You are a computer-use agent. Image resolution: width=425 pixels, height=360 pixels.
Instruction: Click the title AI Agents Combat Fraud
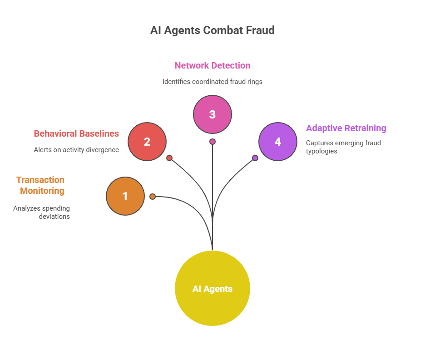212,30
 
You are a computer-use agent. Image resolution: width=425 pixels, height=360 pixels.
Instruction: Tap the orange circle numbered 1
125,196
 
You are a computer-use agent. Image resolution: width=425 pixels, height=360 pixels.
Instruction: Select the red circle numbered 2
147,142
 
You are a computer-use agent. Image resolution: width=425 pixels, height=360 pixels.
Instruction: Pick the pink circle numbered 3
212,114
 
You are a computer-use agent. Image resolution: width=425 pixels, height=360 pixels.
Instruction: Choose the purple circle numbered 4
278,142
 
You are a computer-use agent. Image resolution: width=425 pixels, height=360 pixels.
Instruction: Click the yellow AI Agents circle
212,288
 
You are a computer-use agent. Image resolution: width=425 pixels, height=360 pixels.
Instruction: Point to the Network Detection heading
212,65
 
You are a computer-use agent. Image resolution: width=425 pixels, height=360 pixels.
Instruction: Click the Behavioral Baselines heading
76,133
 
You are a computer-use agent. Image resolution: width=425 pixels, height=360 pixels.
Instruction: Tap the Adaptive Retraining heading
346,128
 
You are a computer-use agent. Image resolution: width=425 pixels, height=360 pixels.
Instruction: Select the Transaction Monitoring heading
41,185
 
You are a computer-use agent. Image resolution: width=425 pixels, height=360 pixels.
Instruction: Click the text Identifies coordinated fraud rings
212,82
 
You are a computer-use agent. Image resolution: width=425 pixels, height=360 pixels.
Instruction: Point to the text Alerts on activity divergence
76,150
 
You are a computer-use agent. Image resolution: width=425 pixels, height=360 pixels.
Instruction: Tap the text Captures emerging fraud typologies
343,147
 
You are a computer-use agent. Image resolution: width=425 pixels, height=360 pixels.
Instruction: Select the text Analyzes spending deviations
42,212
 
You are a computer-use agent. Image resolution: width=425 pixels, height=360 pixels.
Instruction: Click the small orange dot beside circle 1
153,197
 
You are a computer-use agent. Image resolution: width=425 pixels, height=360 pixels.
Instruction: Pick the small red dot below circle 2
169,158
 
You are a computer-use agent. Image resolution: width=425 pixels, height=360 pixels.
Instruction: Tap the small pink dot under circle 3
212,142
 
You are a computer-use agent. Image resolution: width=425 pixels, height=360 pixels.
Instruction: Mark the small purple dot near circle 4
255,158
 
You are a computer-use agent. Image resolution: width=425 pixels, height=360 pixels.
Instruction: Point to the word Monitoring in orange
42,191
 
